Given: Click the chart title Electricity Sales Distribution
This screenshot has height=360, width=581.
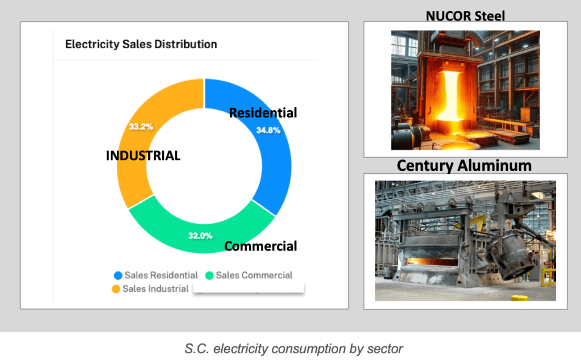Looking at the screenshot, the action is point(141,44).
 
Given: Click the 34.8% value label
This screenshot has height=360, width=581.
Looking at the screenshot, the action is point(268,130).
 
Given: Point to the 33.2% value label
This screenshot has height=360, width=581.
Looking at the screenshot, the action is point(141,127).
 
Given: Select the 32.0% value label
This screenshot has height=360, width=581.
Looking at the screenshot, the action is point(200,236).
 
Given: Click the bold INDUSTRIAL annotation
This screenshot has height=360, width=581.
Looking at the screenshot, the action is point(143,156).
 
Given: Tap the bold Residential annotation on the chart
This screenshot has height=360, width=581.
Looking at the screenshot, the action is point(263,112).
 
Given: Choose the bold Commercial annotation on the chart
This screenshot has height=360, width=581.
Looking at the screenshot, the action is point(260,246).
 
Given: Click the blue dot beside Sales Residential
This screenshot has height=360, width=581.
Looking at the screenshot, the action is point(118,275).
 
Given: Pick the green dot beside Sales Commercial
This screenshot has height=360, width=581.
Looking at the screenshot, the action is point(209,275).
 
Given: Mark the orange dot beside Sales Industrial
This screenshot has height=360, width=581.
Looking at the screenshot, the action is point(116,289).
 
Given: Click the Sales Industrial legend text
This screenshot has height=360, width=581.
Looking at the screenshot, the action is point(155,289).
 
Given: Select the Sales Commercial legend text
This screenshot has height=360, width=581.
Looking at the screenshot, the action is point(254,275).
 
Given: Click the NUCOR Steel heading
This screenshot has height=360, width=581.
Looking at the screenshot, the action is point(465,16).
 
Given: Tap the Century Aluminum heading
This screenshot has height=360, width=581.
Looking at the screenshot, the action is point(464,166).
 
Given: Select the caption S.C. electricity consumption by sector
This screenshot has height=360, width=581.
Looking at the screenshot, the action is point(294,349).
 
